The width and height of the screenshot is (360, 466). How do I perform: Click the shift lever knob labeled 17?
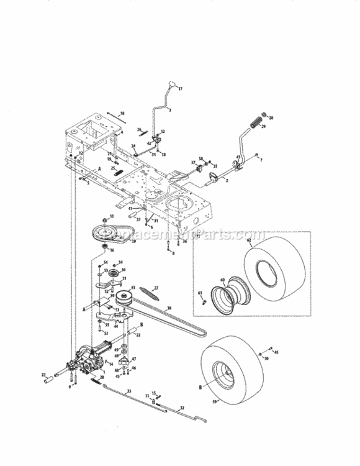tap(171, 85)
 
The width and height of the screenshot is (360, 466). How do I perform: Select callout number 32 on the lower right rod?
tap(182, 408)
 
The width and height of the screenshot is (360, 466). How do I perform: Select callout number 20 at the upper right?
tap(271, 118)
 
